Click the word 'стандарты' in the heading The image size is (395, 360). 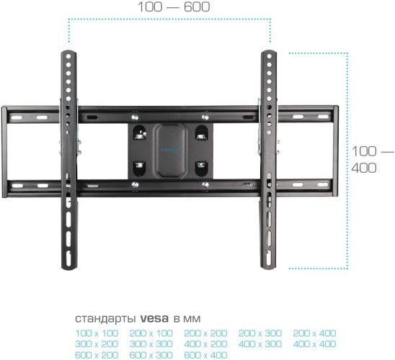(x=101, y=318)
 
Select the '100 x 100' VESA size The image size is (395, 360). (x=96, y=333)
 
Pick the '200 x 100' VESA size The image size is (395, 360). (x=151, y=333)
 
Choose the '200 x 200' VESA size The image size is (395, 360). (x=205, y=333)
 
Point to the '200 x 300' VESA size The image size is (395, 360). (x=260, y=333)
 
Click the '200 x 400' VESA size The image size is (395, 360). (x=315, y=333)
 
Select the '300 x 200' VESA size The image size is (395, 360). (x=96, y=343)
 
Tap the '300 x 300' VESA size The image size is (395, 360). (x=151, y=343)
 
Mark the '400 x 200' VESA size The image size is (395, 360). (x=205, y=343)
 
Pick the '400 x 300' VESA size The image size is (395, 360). (x=260, y=343)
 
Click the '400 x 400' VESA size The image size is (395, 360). (x=315, y=343)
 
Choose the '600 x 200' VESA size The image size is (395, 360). (x=96, y=354)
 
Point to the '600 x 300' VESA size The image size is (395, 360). (x=151, y=354)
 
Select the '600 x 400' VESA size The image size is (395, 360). (x=205, y=354)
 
